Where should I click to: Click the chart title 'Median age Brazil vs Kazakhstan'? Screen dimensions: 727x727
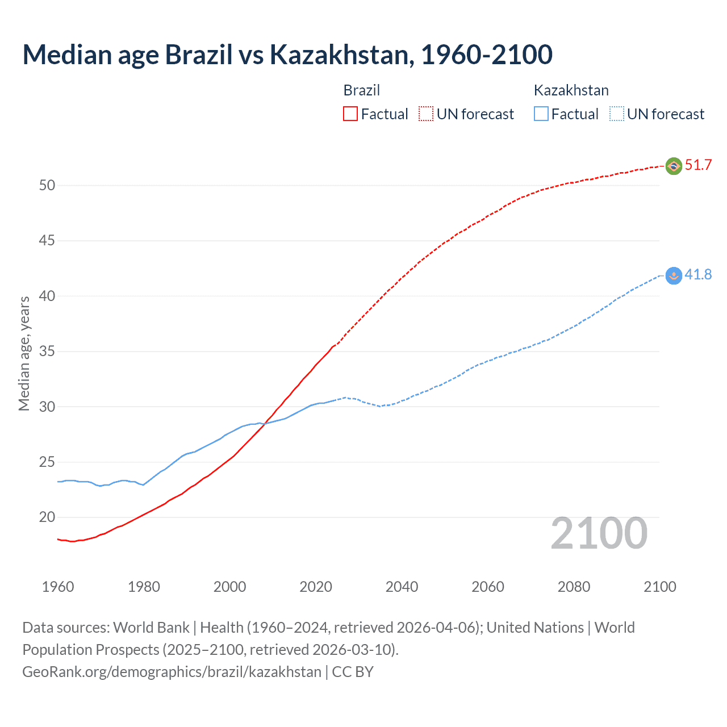pyautogui.click(x=287, y=55)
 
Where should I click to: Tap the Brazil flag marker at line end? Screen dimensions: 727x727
pyautogui.click(x=674, y=166)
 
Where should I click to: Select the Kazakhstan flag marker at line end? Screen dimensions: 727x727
pyautogui.click(x=674, y=275)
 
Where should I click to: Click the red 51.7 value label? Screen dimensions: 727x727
pyautogui.click(x=698, y=165)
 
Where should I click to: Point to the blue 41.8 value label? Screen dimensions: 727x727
pyautogui.click(x=698, y=275)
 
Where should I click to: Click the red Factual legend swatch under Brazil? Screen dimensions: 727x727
pyautogui.click(x=350, y=114)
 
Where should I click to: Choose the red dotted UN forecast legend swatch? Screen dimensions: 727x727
pyautogui.click(x=426, y=114)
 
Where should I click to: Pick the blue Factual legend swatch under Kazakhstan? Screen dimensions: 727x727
pyautogui.click(x=541, y=114)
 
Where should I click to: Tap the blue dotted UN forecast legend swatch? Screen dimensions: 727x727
pyautogui.click(x=616, y=114)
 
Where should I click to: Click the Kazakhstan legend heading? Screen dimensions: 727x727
pyautogui.click(x=571, y=90)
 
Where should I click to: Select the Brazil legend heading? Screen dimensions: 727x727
pyautogui.click(x=362, y=90)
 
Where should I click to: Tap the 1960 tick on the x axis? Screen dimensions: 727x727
pyautogui.click(x=58, y=587)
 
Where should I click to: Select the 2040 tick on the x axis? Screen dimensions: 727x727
pyautogui.click(x=402, y=587)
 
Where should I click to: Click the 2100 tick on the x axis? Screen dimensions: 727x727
pyautogui.click(x=659, y=587)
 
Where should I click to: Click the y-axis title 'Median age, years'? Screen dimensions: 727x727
pyautogui.click(x=24, y=353)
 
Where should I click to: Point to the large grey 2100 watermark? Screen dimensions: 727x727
pyautogui.click(x=599, y=533)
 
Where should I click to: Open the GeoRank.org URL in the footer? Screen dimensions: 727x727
pyautogui.click(x=172, y=672)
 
